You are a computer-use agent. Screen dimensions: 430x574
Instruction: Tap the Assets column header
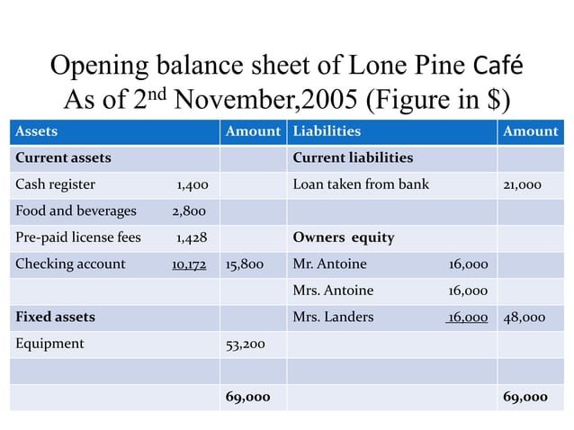(x=36, y=131)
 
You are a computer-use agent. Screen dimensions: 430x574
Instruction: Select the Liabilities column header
(x=327, y=131)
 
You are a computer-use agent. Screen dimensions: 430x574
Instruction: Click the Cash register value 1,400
(x=193, y=184)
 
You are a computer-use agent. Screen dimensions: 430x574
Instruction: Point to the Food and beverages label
(x=76, y=211)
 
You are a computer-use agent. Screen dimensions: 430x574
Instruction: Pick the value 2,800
(x=188, y=211)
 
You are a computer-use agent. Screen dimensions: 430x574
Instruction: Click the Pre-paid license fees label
(x=78, y=237)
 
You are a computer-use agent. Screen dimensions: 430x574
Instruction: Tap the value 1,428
(x=192, y=237)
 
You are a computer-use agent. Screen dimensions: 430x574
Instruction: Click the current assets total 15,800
(x=245, y=264)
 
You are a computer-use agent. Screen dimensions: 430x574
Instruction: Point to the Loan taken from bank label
(x=361, y=184)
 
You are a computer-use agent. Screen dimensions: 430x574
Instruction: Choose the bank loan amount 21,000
(x=522, y=184)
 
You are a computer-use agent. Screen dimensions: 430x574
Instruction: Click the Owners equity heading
(x=343, y=237)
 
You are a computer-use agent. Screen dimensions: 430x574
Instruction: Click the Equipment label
(x=49, y=343)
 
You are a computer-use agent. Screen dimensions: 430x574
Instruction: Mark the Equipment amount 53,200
(x=245, y=343)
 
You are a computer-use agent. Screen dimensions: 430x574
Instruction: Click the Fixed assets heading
(x=55, y=317)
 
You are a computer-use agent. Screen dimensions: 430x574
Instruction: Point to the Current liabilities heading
(x=353, y=157)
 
